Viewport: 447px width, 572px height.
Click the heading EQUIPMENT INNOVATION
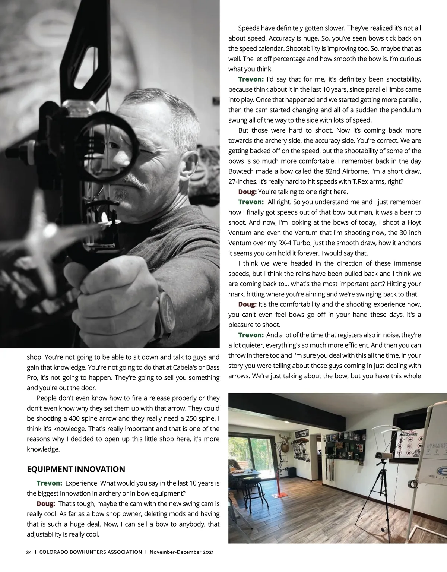(x=76, y=469)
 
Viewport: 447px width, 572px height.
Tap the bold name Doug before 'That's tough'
(x=46, y=504)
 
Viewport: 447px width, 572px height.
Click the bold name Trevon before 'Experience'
(x=49, y=483)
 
